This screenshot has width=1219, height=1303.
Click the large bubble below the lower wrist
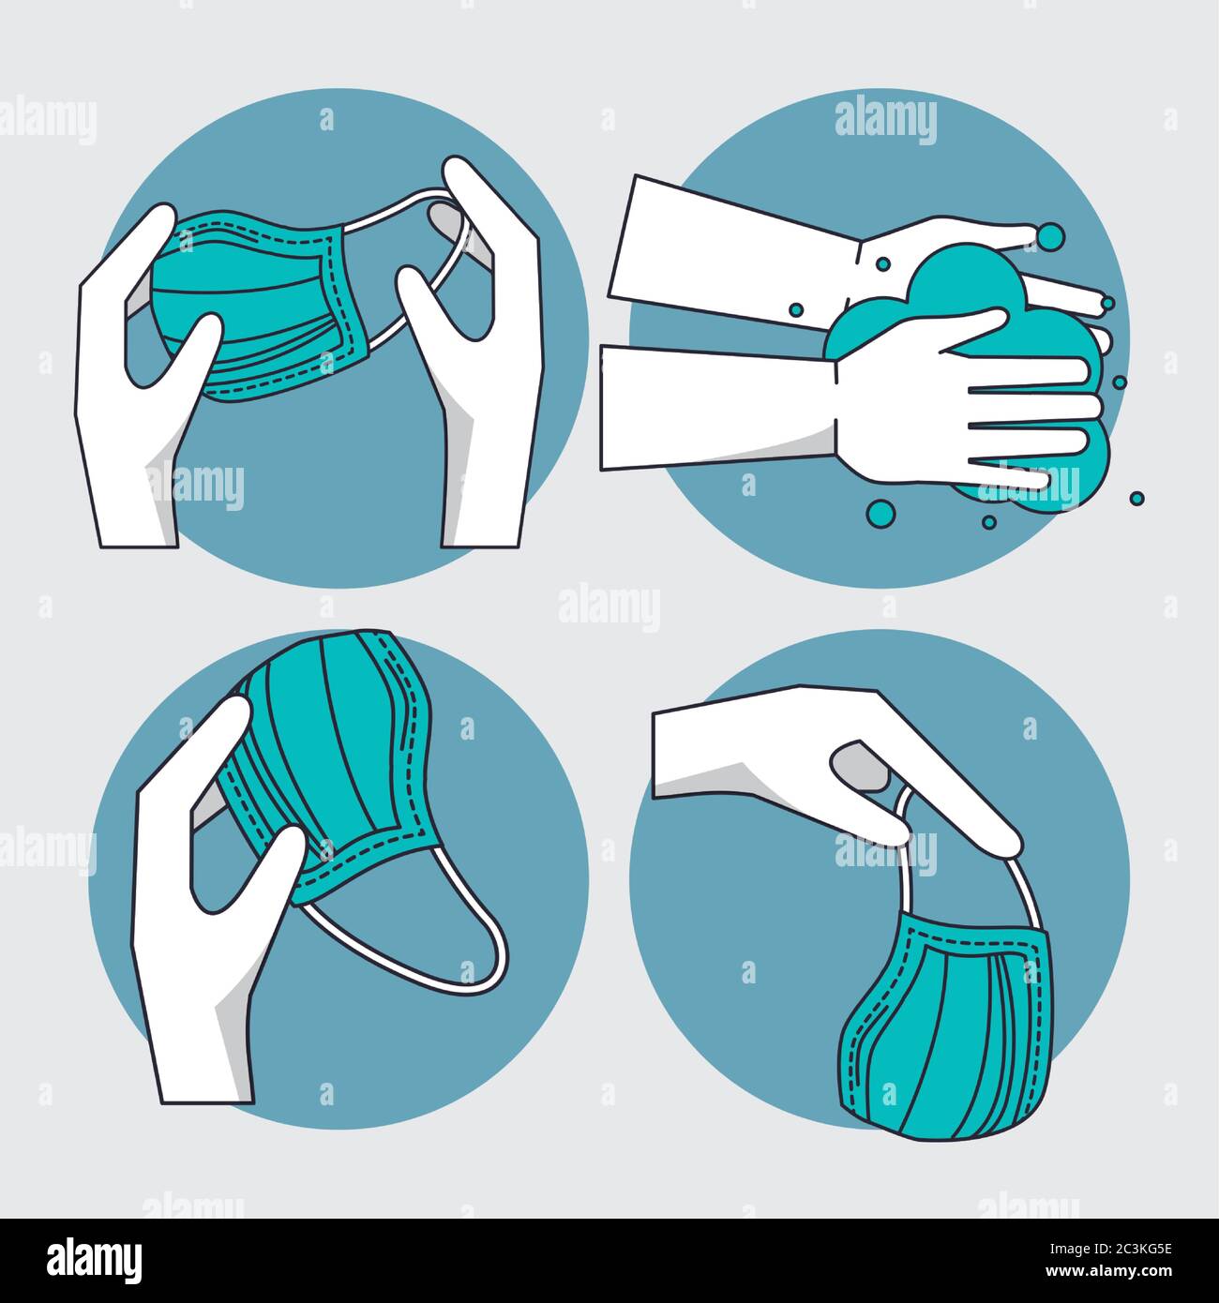click(x=880, y=512)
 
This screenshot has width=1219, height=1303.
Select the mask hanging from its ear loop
click(x=947, y=1031)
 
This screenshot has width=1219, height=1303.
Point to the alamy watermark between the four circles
click(x=609, y=607)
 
